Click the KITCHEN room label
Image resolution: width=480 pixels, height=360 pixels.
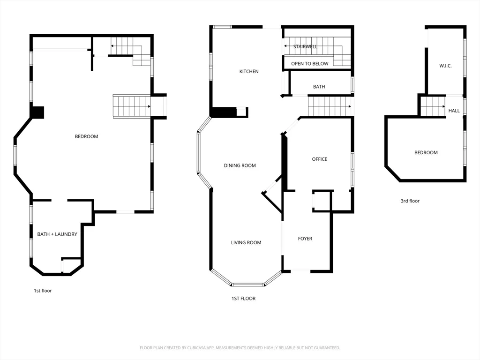click(x=249, y=72)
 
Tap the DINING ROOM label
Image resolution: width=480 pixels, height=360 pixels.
click(x=240, y=165)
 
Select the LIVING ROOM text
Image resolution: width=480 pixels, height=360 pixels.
click(x=246, y=243)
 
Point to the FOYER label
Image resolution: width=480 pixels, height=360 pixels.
click(x=305, y=239)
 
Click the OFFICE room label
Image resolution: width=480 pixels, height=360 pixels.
click(x=319, y=159)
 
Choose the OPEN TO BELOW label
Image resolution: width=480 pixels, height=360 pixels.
click(x=309, y=64)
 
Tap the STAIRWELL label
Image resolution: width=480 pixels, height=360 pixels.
click(x=305, y=47)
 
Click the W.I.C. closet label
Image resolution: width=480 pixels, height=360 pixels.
click(x=445, y=66)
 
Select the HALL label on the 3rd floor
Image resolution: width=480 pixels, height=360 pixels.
click(x=454, y=111)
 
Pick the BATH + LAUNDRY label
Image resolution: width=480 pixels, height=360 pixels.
click(x=57, y=234)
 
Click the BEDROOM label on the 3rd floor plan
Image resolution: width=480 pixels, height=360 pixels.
click(x=426, y=153)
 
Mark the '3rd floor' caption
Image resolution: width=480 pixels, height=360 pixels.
click(x=410, y=201)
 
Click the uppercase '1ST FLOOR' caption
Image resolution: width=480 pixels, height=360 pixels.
click(x=243, y=299)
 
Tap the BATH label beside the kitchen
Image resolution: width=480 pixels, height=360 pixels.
click(x=319, y=87)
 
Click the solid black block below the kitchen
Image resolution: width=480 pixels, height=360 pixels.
click(x=223, y=112)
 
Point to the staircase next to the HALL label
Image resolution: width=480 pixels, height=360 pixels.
click(x=432, y=106)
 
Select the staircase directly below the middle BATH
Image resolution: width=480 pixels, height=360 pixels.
click(x=329, y=106)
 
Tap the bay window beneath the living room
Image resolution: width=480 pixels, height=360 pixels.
click(x=248, y=284)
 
